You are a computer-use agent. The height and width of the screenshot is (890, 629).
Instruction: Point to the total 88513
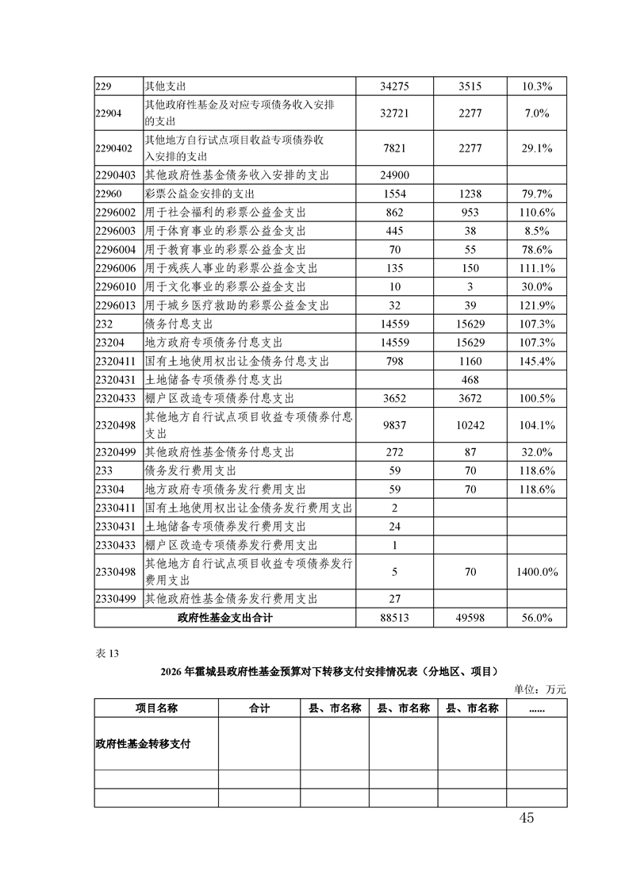click(394, 618)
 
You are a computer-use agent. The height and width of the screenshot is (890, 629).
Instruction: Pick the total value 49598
click(470, 618)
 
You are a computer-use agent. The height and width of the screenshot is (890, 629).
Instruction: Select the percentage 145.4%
click(538, 361)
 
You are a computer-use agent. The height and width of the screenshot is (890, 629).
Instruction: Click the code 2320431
click(117, 379)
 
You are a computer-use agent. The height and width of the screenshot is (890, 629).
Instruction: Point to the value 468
click(470, 379)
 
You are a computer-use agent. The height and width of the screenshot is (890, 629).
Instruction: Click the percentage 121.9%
click(538, 305)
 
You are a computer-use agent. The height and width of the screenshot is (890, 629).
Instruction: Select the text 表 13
click(106, 654)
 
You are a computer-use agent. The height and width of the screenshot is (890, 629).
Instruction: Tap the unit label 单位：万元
click(541, 689)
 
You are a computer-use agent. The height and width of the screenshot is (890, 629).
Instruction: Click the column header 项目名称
click(155, 708)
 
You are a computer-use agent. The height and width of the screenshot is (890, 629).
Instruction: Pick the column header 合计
click(259, 708)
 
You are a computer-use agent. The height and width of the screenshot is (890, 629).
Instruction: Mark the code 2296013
click(117, 305)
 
